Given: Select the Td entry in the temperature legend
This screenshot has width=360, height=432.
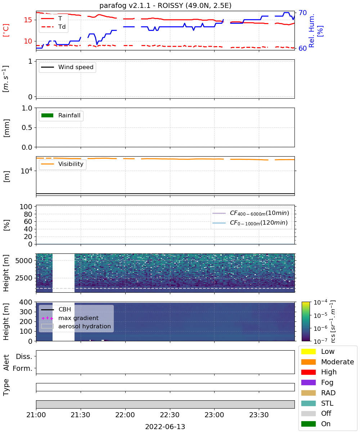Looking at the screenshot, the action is [x=53, y=27].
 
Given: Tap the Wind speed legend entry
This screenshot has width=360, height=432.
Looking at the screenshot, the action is [x=67, y=67].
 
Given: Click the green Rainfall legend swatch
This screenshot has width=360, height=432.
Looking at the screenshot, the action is [x=48, y=116].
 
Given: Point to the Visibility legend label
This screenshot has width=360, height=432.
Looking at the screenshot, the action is [x=71, y=164].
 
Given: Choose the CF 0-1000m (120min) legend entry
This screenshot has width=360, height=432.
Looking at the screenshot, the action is [x=250, y=223].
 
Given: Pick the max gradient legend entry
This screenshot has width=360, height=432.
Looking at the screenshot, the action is [x=70, y=318].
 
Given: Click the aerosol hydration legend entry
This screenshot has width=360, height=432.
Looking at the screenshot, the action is [x=76, y=326].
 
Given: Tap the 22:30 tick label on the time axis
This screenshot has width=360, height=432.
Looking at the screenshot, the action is [x=170, y=415].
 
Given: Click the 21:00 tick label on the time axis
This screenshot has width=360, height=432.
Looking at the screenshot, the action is [x=36, y=415].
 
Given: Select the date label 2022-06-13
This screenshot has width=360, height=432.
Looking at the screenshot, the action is [x=165, y=427].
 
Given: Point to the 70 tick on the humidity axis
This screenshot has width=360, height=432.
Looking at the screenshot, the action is [x=302, y=13].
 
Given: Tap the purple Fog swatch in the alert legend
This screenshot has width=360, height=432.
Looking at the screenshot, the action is [x=308, y=383].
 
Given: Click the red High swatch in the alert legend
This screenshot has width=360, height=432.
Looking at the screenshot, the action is [x=308, y=372].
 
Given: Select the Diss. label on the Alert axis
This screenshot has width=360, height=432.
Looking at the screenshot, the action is [x=24, y=356].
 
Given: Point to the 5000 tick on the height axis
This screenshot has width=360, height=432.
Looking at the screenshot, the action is [x=24, y=261].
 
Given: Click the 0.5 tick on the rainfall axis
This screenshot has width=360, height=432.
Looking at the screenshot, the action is [x=27, y=128].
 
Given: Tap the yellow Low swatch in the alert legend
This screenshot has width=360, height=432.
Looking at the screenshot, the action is [x=308, y=351].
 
